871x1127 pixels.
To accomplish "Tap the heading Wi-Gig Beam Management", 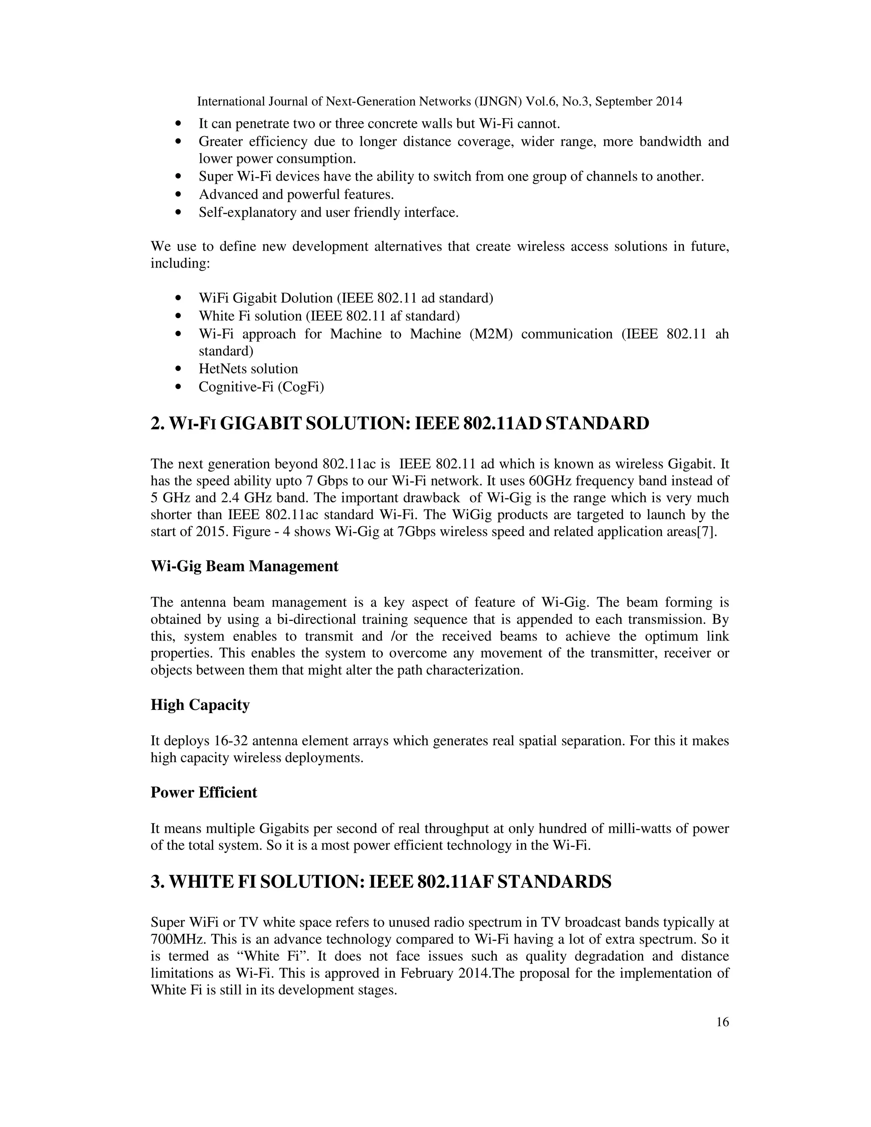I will (x=244, y=566).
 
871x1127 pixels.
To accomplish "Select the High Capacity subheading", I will (x=200, y=704).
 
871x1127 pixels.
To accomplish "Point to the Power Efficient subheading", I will (x=203, y=792).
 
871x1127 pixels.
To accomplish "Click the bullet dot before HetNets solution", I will (x=179, y=369).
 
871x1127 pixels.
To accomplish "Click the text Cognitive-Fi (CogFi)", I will (x=261, y=387).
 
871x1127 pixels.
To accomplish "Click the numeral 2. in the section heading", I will (x=157, y=423).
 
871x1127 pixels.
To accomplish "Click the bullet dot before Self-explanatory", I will (x=179, y=213).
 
